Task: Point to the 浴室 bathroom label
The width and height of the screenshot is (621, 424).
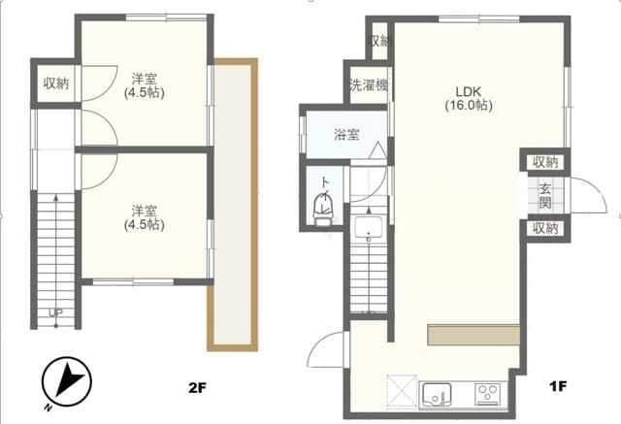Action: [346, 135]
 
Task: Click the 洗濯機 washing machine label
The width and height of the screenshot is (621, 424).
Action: [368, 85]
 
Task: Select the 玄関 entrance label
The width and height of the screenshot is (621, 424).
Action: [545, 197]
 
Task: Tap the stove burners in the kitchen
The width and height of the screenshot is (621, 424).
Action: [487, 394]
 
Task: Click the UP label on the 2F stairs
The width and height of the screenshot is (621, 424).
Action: [55, 312]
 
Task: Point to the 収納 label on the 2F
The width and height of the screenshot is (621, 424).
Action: [55, 84]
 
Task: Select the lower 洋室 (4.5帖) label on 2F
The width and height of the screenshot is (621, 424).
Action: [143, 216]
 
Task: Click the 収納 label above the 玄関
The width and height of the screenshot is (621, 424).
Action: [545, 162]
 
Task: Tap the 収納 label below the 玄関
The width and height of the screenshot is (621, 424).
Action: [545, 229]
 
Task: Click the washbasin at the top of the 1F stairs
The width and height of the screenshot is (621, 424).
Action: [368, 229]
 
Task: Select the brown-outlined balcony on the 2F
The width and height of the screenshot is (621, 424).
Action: [234, 204]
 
